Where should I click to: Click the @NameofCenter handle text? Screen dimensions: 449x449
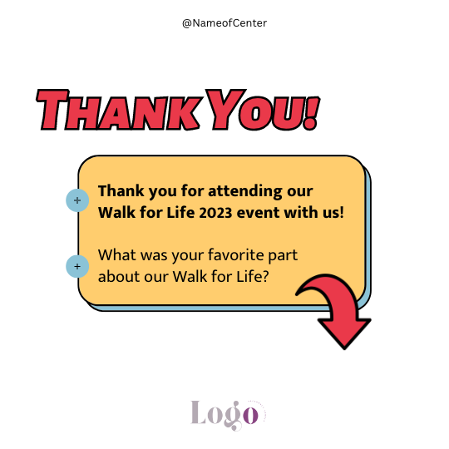coord(224,23)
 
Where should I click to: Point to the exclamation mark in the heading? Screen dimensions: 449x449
coord(311,113)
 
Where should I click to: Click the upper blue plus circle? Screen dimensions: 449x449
coord(77,200)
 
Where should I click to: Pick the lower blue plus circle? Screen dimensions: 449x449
coord(77,266)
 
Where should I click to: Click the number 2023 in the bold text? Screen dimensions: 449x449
coord(215,213)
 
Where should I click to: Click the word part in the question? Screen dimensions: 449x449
coord(283,256)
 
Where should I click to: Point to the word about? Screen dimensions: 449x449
coord(119,276)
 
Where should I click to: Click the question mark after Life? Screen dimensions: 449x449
coord(265,276)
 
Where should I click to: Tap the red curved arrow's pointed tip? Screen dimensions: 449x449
coord(344,348)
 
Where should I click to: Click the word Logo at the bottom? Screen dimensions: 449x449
coord(224,415)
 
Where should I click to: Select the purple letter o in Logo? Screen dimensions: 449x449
coord(251,415)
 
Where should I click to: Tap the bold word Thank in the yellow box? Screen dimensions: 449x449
coord(121,191)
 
